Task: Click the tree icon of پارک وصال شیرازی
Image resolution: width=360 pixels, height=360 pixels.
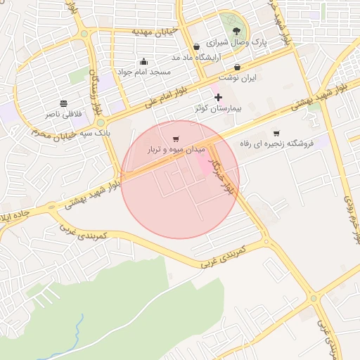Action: pyautogui.click(x=236, y=31)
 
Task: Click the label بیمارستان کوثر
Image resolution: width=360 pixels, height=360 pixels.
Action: pyautogui.click(x=217, y=110)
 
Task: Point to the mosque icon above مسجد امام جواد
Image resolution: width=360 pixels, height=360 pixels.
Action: pyautogui.click(x=144, y=60)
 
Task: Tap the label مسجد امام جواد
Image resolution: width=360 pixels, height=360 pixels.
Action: pyautogui.click(x=143, y=72)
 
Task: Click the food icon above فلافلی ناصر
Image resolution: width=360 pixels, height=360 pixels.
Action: pyautogui.click(x=64, y=103)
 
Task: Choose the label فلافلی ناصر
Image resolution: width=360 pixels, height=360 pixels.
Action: pyautogui.click(x=64, y=114)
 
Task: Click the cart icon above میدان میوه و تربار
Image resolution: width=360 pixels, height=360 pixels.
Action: pyautogui.click(x=175, y=139)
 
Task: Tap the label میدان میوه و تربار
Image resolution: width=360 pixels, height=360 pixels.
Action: pyautogui.click(x=175, y=150)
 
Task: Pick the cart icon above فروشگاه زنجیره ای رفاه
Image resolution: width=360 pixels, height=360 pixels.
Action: pyautogui.click(x=276, y=133)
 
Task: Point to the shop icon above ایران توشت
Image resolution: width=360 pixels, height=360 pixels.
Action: pyautogui.click(x=238, y=67)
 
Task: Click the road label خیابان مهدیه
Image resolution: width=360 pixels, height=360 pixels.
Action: pyautogui.click(x=157, y=31)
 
